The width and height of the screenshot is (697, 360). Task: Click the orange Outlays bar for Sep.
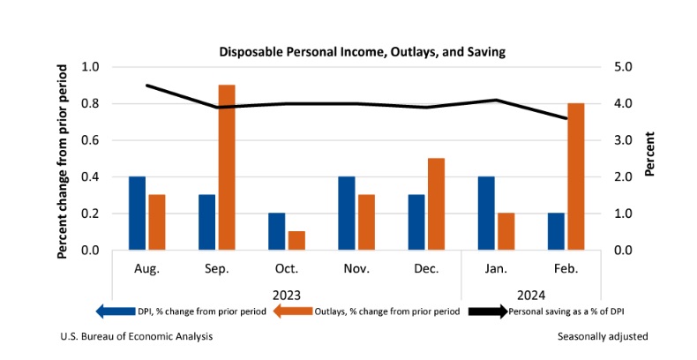click(x=227, y=168)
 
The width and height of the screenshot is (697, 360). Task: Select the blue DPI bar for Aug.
click(x=137, y=214)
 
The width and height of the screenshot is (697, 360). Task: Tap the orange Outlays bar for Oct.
click(x=296, y=241)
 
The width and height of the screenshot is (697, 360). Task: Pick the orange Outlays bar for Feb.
click(x=575, y=176)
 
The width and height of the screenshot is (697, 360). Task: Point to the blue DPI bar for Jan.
click(x=486, y=214)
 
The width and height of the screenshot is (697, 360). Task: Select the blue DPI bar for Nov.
click(x=347, y=214)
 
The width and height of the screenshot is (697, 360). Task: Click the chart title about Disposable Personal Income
click(x=362, y=52)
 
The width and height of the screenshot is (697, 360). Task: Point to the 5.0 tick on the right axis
click(x=622, y=67)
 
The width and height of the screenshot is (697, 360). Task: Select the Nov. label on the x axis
click(x=356, y=267)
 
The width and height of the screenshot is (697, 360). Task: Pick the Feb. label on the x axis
click(x=566, y=267)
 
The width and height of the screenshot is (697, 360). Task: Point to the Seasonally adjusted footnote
click(x=603, y=336)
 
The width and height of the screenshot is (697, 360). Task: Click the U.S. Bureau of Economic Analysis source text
click(x=136, y=336)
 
